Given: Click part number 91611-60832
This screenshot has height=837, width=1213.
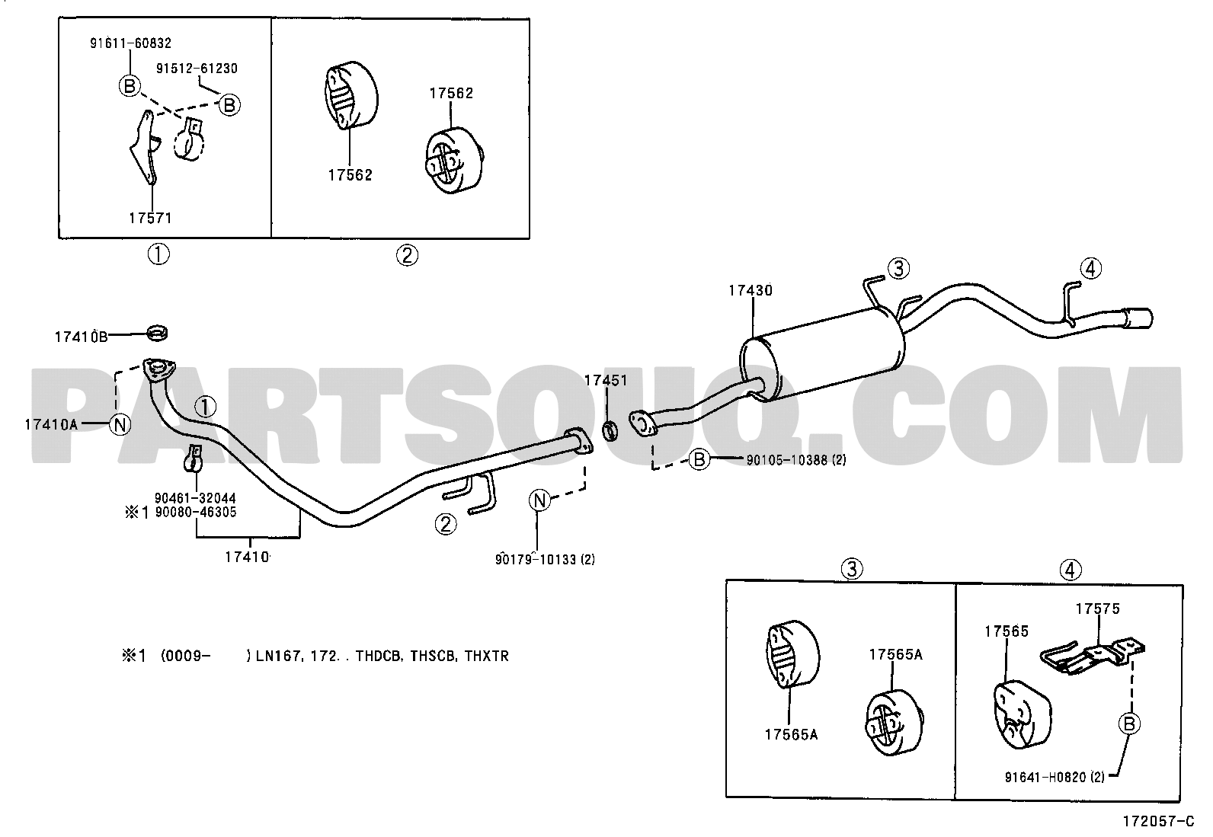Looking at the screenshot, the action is coord(130,43).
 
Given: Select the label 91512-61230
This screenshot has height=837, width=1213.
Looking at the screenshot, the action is coord(197,69).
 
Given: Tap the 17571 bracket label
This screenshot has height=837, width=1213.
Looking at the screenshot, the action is coord(150,218).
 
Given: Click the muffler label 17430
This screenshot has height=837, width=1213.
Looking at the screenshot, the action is coord(750,291).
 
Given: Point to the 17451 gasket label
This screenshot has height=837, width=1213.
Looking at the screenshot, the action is coord(606,381).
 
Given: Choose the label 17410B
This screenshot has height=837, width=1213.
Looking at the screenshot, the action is coord(82,337).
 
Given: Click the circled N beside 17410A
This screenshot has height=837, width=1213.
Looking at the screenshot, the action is coord(120,424).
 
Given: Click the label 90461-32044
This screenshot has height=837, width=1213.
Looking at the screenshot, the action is coord(195,498).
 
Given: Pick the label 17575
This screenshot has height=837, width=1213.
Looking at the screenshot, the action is coord(1098,609).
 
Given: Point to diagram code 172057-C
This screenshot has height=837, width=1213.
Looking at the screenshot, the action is coord(1158,821).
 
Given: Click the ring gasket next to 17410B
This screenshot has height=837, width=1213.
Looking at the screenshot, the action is coord(158,332).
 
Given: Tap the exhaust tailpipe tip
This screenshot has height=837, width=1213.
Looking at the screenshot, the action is coord(1139,318).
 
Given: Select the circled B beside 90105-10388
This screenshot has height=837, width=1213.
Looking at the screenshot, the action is coord(699,460).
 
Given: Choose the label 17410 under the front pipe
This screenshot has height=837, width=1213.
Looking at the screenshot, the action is coord(247,557).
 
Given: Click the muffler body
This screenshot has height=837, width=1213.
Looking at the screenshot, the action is coord(822,354).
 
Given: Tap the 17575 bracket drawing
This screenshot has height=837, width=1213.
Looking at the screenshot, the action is coord(1093,657).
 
